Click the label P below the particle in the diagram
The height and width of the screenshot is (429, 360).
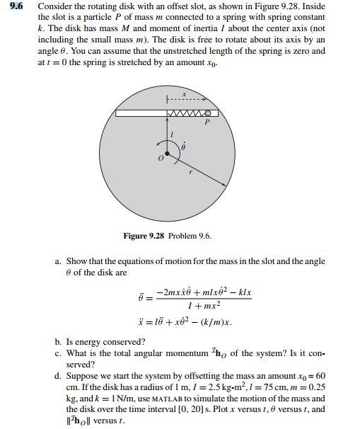click(x=207, y=122)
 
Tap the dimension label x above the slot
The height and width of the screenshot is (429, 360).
click(x=183, y=94)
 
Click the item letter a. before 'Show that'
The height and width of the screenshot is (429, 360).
click(x=59, y=262)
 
